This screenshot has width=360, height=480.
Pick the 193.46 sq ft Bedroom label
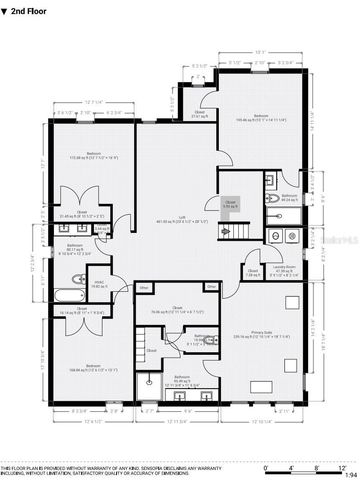262,118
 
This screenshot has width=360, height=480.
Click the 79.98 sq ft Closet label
176,310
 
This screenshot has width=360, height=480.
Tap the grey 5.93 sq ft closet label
229,205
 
